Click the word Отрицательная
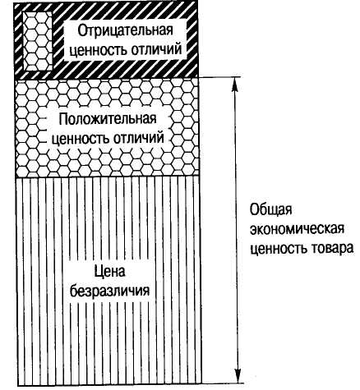[126, 31]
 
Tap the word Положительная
[108, 119]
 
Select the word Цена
[110, 272]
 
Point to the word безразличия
[110, 291]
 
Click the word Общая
[270, 210]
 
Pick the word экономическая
[298, 230]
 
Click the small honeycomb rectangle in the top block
[38, 41]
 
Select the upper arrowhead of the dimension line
[234, 85]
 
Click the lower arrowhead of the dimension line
[238, 375]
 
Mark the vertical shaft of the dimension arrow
[236, 230]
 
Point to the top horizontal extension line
[219, 77]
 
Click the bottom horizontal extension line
[223, 383]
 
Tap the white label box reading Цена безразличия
[110, 282]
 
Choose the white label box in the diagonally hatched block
[126, 40]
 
